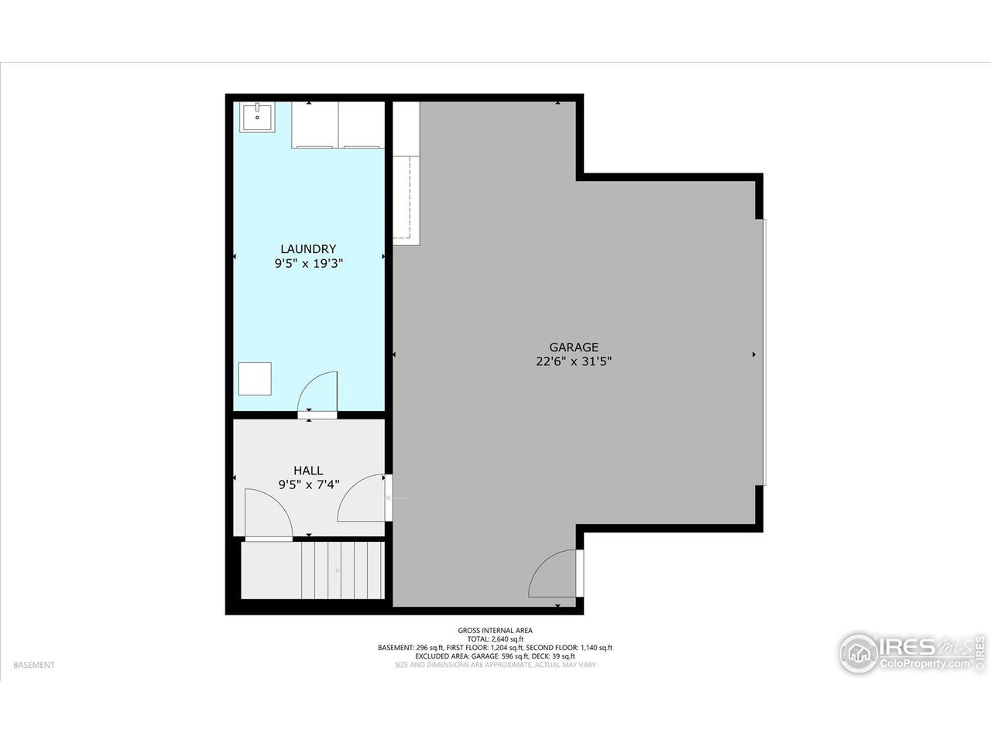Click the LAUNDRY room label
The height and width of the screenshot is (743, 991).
[308, 248]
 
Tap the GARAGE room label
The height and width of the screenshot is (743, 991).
[574, 348]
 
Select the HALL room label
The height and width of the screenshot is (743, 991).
[308, 471]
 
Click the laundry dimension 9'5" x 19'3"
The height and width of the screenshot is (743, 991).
[308, 263]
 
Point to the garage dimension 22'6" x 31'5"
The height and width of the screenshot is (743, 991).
[574, 361]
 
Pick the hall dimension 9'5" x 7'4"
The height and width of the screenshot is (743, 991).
[308, 485]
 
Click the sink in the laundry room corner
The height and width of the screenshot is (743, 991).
[256, 118]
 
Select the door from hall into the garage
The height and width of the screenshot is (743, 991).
[362, 498]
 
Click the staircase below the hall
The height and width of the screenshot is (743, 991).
[313, 570]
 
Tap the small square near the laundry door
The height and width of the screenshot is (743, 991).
[255, 378]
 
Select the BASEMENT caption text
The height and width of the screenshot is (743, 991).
[34, 665]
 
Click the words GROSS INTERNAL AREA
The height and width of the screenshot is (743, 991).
[495, 630]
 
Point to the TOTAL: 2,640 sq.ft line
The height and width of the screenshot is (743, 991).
[495, 639]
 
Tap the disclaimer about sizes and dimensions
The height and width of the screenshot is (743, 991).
[495, 665]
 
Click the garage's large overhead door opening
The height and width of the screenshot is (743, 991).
[763, 352]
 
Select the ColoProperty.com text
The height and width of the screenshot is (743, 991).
[924, 664]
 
